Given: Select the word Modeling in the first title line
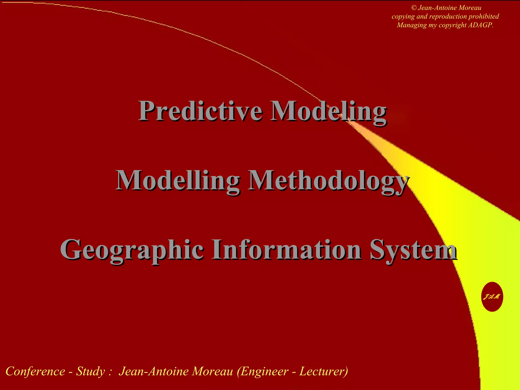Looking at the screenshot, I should tap(328, 111).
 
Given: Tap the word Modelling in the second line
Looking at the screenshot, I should tap(178, 181).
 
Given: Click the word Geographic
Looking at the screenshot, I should tap(132, 250).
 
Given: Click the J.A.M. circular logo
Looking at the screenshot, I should tap(492, 297).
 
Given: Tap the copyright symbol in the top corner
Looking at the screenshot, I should tap(414, 8).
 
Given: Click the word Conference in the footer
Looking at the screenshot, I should tap(35, 371).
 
